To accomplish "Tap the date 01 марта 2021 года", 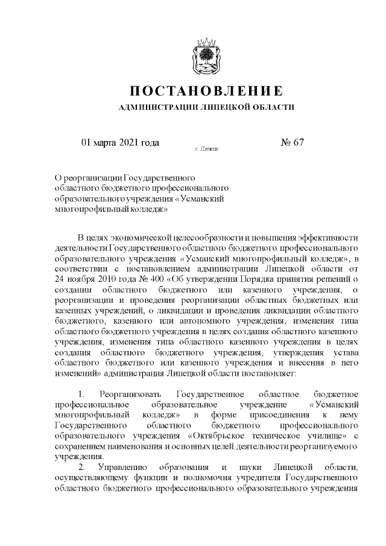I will click(120, 142).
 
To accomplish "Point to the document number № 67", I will click(293, 142).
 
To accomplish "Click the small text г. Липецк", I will click(206, 148).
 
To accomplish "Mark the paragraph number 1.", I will click(81, 395).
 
